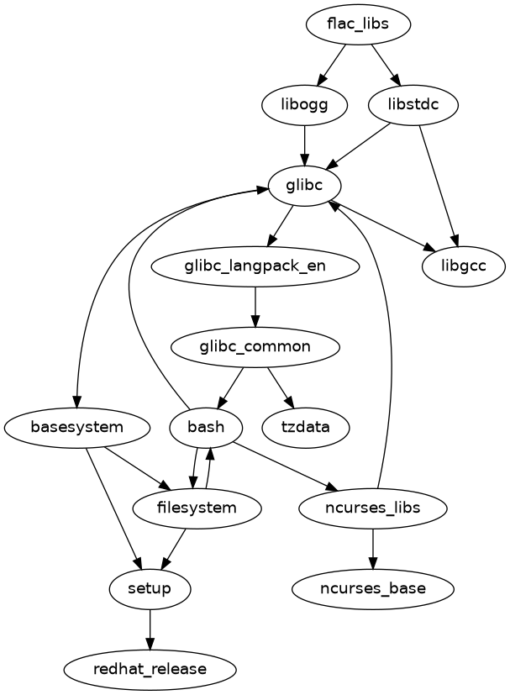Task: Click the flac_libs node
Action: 358,24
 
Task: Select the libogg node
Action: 304,105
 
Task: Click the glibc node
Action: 304,186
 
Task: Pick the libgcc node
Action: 463,266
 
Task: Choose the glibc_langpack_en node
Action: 255,266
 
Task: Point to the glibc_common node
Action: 255,346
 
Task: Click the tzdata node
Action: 306,427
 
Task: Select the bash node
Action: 206,427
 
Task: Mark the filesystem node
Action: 197,508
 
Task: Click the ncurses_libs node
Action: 372,508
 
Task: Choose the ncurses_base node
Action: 372,588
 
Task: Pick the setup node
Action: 150,588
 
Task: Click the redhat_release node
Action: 150,669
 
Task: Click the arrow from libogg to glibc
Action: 304,145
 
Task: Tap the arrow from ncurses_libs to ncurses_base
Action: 372,548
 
